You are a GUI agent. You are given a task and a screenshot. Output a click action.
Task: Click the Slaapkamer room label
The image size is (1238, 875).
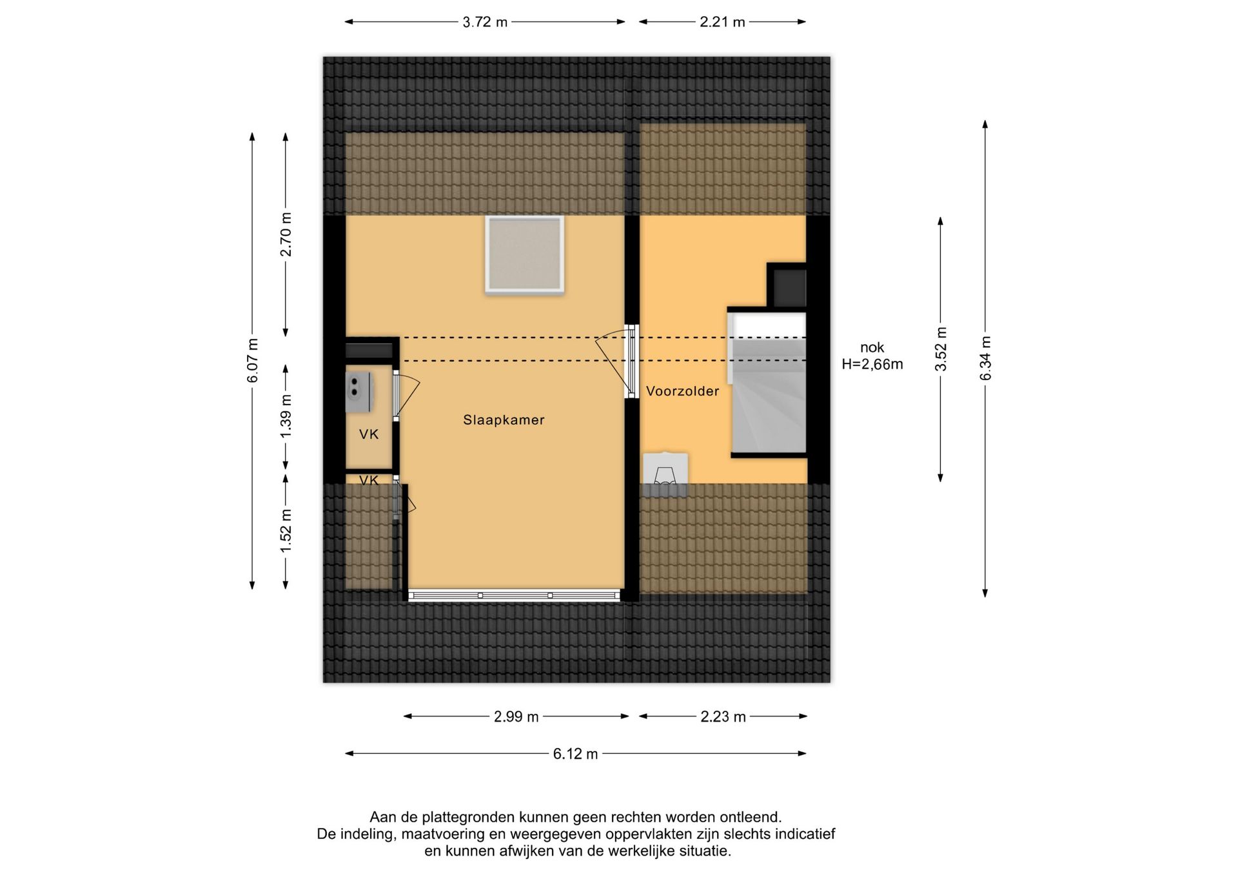504,420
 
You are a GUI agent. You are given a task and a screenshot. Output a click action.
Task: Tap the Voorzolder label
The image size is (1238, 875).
682,391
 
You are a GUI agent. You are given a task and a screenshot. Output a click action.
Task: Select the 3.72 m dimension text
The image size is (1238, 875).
485,23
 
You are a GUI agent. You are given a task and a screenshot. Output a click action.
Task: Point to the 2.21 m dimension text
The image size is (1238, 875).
722,23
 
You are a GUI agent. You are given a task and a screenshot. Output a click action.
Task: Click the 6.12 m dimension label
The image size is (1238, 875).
575,754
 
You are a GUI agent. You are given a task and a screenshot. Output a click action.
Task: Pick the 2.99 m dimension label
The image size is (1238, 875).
516,717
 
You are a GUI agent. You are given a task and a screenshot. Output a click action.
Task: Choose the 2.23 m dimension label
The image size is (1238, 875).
723,717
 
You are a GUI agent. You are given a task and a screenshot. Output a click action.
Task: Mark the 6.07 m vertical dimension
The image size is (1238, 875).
252,360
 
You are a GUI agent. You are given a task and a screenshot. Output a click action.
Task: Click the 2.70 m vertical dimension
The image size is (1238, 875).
286,235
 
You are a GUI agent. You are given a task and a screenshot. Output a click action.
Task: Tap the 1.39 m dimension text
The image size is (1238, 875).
286,416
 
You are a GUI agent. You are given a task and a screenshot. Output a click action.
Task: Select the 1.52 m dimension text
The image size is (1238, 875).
286,530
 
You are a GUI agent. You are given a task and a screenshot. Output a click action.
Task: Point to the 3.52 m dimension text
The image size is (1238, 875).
941,349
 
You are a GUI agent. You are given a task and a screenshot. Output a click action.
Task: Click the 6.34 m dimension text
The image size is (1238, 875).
985,358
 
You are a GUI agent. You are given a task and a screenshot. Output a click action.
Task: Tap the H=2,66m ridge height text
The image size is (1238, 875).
872,365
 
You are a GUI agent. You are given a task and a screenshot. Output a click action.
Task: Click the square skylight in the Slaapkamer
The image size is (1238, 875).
525,255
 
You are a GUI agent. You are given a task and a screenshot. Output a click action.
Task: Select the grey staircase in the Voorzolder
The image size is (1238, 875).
767,383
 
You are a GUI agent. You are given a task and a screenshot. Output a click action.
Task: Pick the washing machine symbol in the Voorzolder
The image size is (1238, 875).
665,476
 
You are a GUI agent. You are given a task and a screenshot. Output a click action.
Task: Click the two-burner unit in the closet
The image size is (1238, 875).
359,392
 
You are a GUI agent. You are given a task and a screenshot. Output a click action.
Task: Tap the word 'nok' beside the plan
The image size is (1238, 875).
872,348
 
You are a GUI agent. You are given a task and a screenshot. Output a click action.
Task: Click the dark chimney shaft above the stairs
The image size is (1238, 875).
787,286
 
